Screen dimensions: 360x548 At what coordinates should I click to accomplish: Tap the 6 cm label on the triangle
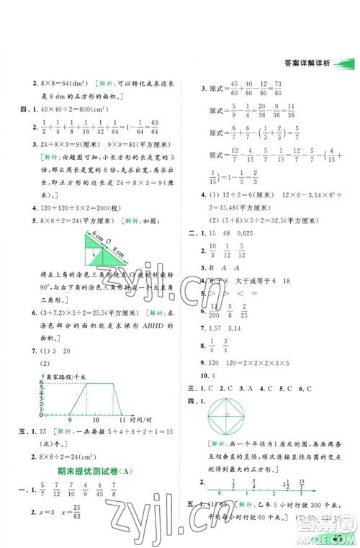93,235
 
